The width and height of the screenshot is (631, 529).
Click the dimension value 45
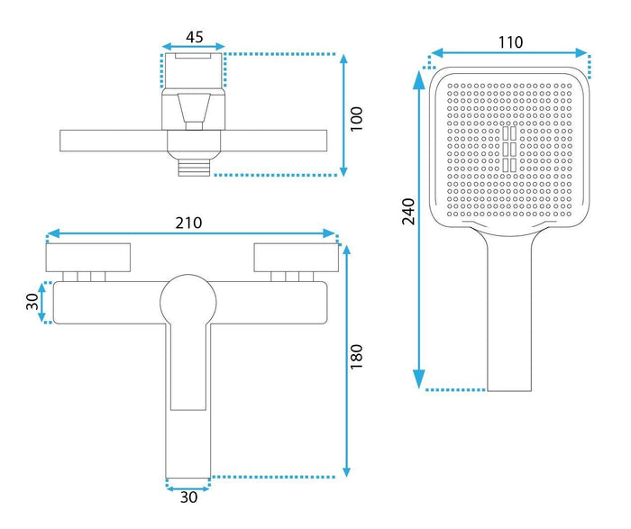195,37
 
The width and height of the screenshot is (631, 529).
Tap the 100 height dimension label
356,119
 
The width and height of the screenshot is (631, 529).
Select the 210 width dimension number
188,223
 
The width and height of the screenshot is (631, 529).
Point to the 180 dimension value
356,356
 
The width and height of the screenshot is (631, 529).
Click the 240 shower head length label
408,211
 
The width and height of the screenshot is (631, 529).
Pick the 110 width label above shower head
511,41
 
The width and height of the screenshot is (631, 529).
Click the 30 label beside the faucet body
32,302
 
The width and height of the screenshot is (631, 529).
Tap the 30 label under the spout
188,497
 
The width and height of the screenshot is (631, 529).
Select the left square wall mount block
88,258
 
